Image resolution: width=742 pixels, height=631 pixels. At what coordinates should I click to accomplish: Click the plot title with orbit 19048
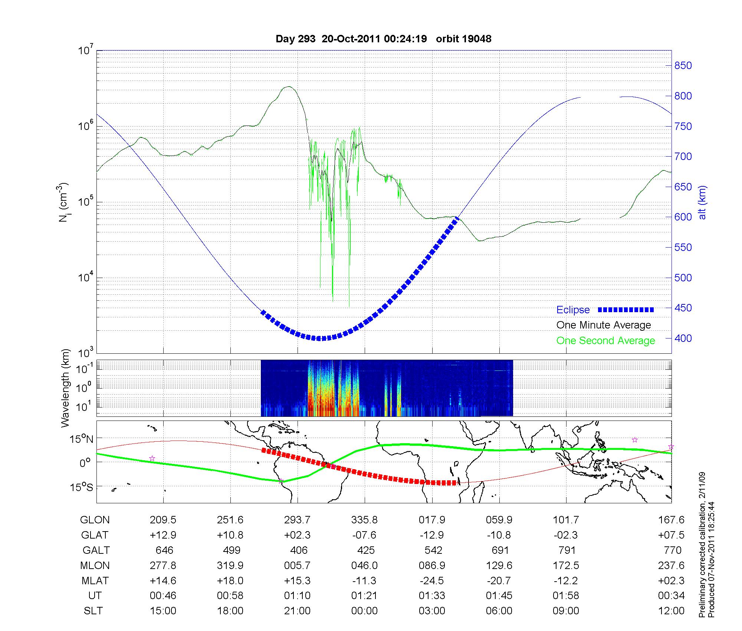tap(383, 39)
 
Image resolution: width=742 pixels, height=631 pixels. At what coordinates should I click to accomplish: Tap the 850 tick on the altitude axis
tap(683, 66)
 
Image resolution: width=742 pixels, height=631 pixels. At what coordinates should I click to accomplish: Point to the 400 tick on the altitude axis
tap(683, 338)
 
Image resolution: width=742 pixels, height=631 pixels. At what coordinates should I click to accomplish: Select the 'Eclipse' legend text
tap(573, 310)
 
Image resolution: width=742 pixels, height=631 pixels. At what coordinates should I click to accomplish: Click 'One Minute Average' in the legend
tap(604, 325)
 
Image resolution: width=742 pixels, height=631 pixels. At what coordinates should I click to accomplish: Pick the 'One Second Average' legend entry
tap(605, 341)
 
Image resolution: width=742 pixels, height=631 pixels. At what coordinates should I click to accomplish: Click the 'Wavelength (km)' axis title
tap(65, 388)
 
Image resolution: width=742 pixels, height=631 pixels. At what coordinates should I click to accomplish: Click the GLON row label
tap(95, 520)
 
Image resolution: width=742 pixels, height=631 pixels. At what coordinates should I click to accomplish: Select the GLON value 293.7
tap(297, 520)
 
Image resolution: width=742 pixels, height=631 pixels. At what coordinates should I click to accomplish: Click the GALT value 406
tap(299, 550)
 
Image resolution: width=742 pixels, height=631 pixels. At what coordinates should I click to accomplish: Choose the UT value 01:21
tap(364, 596)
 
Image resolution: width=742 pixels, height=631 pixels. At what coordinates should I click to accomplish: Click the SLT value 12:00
tap(671, 611)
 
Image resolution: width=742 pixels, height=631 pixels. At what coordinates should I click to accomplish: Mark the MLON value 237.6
tap(671, 565)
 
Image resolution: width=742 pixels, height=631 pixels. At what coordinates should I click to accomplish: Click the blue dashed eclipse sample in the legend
tap(626, 310)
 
